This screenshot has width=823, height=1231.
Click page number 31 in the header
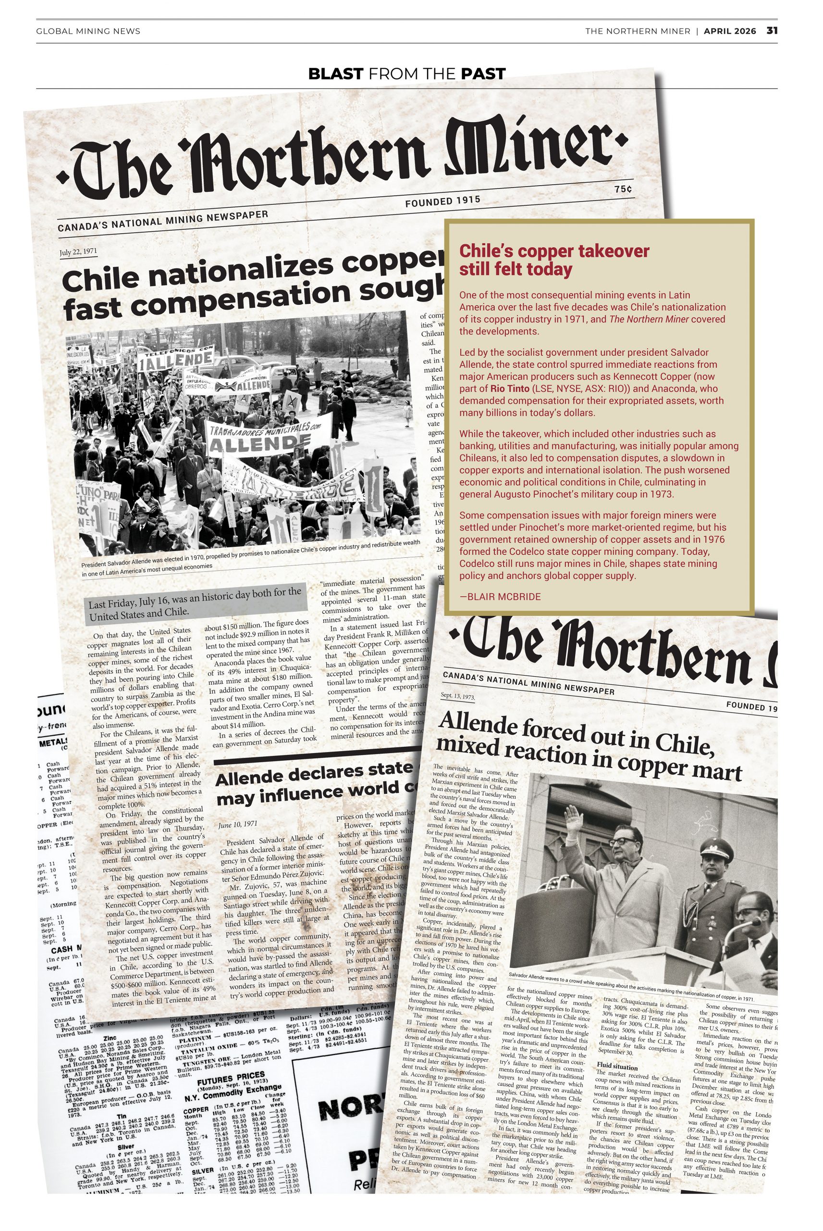point(772,30)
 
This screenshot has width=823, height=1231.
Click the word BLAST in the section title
point(335,74)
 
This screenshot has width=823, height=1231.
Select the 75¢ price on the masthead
point(623,189)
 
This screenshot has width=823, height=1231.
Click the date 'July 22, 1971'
point(78,251)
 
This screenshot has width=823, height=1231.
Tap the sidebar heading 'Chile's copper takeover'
point(554,251)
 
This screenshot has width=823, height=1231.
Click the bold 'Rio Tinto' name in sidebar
point(510,389)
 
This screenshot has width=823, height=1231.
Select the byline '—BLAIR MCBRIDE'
point(500,597)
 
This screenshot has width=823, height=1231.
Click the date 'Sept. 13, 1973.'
point(458,696)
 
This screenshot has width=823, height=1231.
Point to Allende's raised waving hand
point(573,819)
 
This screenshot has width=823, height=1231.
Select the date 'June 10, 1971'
point(238,825)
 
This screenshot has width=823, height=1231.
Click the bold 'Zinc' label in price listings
point(110,1038)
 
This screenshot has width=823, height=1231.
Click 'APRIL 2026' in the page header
point(730,31)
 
